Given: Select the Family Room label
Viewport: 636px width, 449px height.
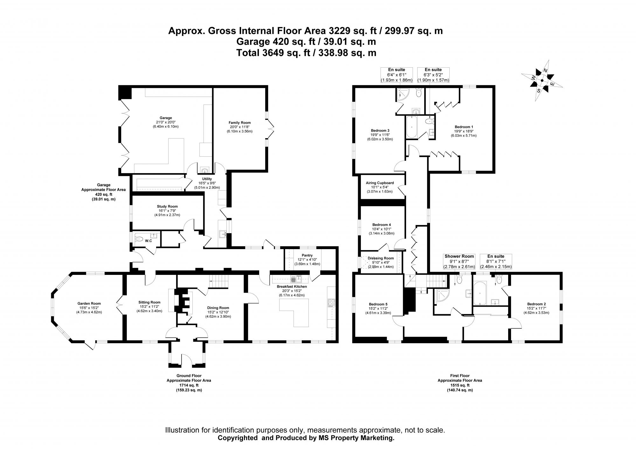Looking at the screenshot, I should click(239, 123).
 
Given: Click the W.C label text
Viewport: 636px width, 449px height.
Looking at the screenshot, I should click(148, 241).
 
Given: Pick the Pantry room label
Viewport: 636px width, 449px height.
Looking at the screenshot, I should click(307, 255).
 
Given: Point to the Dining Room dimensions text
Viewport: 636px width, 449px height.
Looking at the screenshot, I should click(218, 312).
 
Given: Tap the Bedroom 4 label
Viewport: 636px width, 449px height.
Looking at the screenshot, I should click(381, 225).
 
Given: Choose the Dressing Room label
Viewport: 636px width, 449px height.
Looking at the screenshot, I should click(381, 258).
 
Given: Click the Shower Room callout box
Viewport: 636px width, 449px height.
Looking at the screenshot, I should click(459, 261).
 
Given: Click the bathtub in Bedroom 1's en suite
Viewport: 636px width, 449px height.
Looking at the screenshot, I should click(412, 127).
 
